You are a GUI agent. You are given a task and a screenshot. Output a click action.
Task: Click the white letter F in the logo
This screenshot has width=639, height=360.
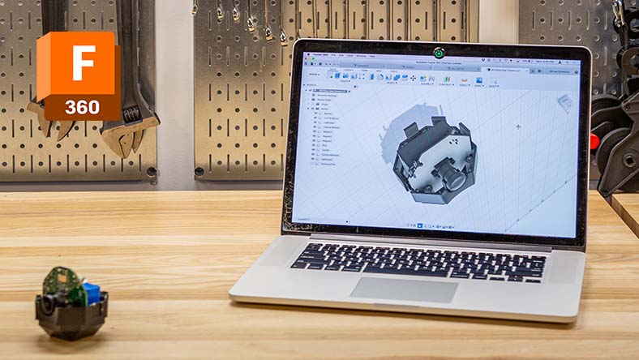pyautogui.click(x=83, y=62)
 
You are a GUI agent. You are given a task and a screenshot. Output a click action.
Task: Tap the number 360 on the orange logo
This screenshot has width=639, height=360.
pyautogui.click(x=83, y=107)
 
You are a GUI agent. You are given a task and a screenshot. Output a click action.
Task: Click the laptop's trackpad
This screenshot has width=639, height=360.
pyautogui.click(x=404, y=289)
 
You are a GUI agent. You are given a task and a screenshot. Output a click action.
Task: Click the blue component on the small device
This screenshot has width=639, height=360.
pyautogui.click(x=92, y=293)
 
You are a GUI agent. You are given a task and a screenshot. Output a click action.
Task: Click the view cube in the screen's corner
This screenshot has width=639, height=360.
pyautogui.click(x=564, y=102)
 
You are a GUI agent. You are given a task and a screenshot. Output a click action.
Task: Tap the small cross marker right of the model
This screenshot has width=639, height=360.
pyautogui.click(x=518, y=126)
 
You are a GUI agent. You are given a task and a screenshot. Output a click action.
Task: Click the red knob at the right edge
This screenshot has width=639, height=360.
pyautogui.click(x=594, y=142)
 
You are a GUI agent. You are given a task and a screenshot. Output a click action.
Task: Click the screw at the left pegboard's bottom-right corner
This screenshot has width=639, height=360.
pyautogui.click(x=152, y=171)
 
